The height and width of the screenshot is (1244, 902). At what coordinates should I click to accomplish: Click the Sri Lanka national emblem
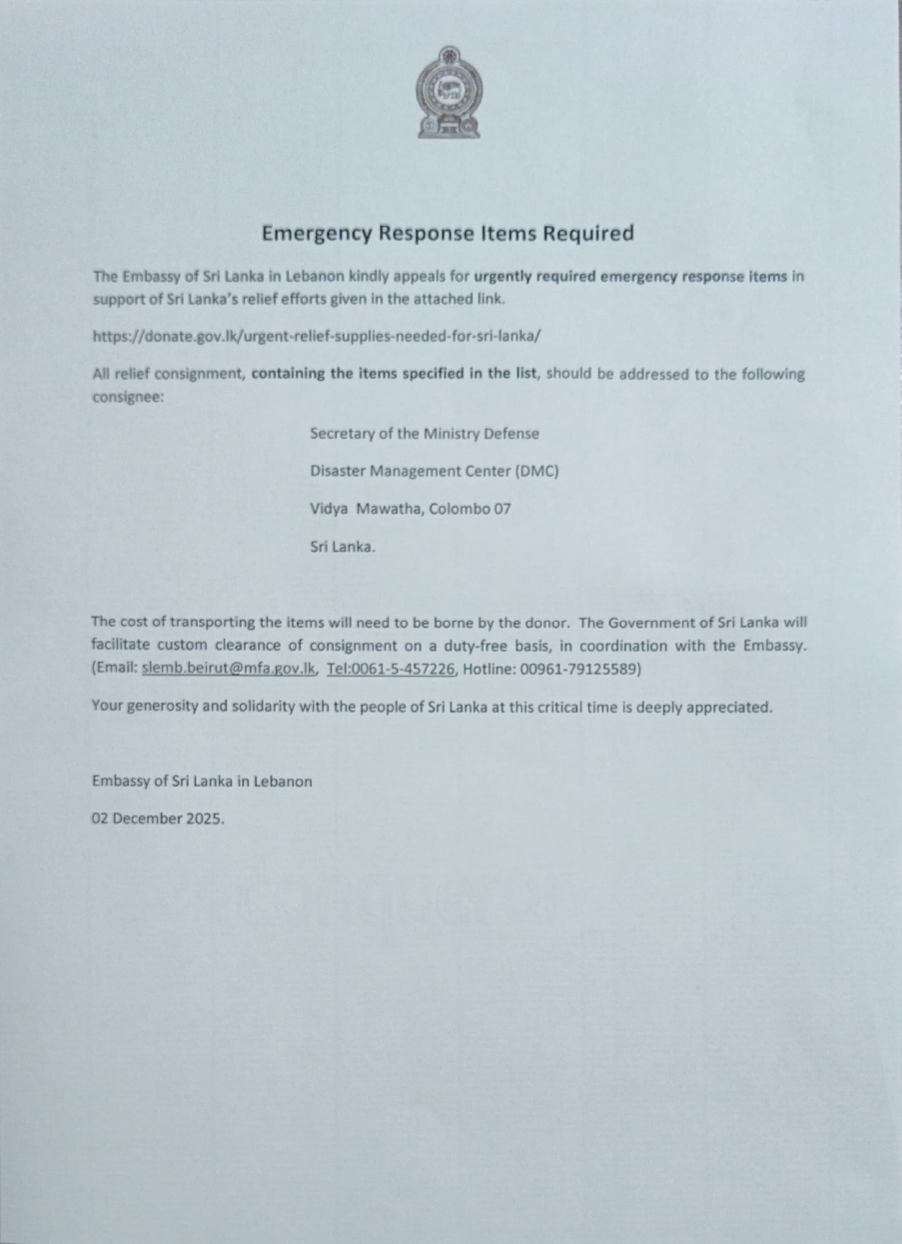[x=449, y=93]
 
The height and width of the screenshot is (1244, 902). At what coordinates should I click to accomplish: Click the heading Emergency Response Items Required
[x=447, y=233]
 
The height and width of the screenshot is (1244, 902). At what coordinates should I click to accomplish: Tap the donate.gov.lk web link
[x=316, y=336]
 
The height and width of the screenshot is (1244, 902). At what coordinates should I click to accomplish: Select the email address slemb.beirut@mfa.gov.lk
[x=229, y=669]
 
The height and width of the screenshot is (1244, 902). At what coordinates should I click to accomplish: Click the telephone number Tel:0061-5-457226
[x=391, y=669]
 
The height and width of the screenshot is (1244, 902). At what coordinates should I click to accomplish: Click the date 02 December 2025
[x=158, y=819]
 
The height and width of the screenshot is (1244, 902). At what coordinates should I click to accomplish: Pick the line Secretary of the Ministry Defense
[x=425, y=434]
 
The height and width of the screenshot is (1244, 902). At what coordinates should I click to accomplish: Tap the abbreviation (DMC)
[x=536, y=471]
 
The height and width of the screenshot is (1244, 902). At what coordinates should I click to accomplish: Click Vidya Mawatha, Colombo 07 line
[x=410, y=509]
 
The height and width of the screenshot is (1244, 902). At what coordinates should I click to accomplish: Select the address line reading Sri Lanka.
[x=342, y=547]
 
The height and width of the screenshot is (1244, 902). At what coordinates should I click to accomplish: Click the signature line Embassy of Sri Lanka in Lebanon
[x=202, y=781]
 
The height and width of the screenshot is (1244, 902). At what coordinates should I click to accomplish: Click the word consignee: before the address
[x=127, y=397]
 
